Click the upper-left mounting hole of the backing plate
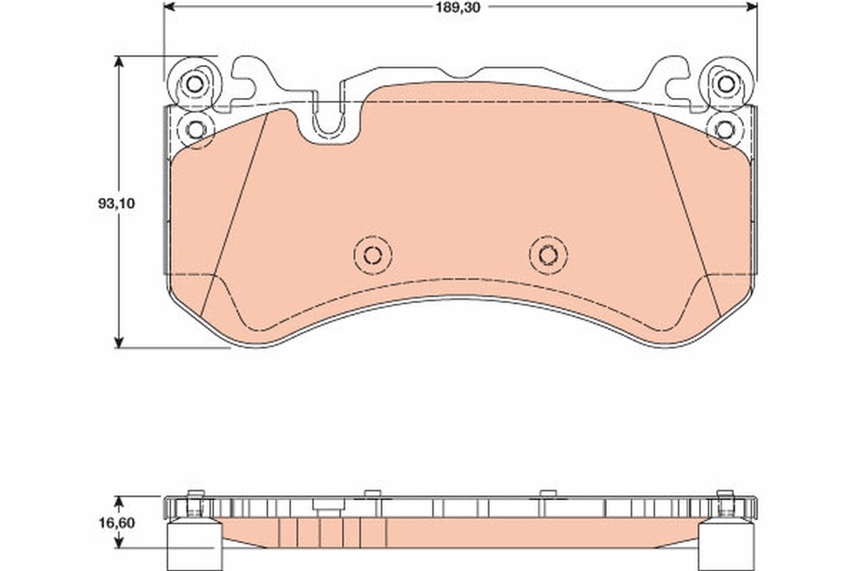pyautogui.click(x=193, y=84)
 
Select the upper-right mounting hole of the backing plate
pyautogui.click(x=725, y=84)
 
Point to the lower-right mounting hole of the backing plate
pyautogui.click(x=725, y=129)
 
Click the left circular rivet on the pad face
pyautogui.click(x=372, y=254)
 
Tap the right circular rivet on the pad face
pyautogui.click(x=548, y=254)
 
